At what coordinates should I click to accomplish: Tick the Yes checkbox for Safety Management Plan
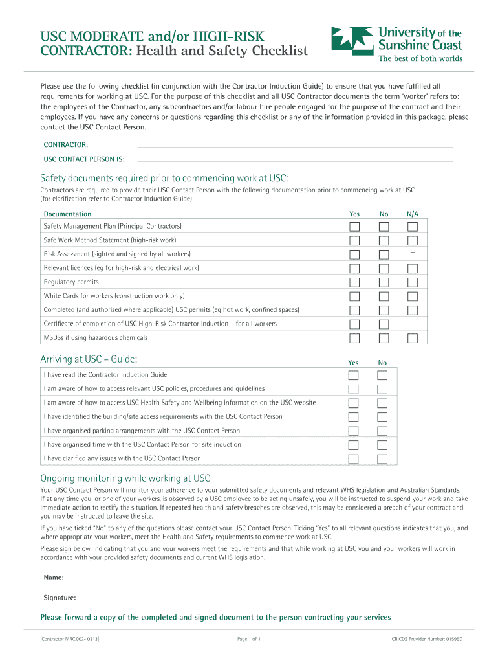(355, 227)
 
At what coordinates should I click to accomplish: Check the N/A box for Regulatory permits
(413, 282)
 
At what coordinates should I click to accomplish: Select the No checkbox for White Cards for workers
(384, 297)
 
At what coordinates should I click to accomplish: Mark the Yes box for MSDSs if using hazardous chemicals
(355, 338)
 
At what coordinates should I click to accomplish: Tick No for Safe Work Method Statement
(384, 241)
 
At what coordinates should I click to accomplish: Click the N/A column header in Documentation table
(413, 214)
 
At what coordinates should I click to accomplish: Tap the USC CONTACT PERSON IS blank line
(294, 159)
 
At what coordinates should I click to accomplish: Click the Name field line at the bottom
(224, 578)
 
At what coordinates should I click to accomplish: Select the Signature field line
(224, 598)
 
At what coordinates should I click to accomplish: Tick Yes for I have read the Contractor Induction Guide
(354, 376)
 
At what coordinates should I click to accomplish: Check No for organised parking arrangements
(382, 431)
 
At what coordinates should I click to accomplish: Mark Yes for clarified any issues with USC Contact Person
(354, 459)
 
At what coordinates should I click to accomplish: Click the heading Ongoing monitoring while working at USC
(125, 478)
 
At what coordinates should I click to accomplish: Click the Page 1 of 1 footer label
(249, 640)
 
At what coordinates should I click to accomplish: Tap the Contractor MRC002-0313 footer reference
(69, 640)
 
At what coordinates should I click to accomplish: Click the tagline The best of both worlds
(420, 58)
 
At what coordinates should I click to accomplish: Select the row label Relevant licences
(121, 268)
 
